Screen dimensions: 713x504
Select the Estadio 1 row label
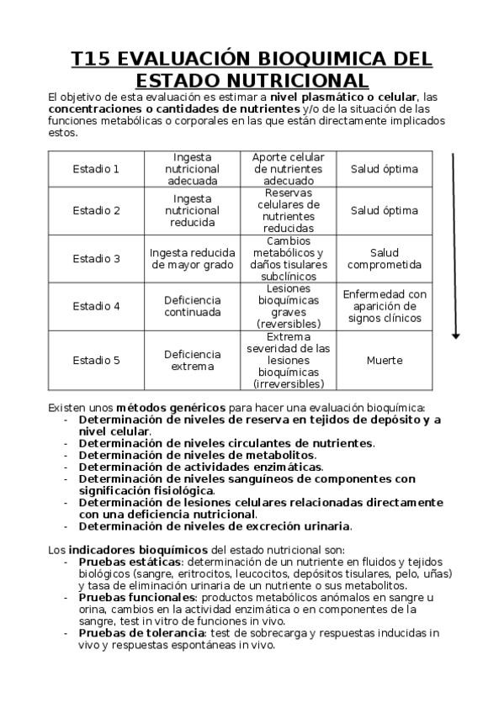point(96,168)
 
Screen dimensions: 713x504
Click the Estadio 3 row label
point(96,259)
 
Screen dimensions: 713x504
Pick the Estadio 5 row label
point(96,361)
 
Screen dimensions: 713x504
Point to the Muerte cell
point(384,361)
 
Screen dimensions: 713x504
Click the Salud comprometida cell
point(384,259)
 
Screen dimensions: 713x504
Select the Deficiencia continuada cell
point(193,306)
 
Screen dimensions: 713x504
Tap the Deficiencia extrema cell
point(193,361)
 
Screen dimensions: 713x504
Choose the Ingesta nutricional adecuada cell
point(193,168)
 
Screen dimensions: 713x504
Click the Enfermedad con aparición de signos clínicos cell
point(384,306)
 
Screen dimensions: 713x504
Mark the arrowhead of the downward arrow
point(455,335)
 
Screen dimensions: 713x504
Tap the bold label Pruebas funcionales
point(137,597)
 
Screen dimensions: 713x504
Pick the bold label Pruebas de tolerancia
point(141,632)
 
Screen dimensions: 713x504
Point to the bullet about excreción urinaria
point(215,526)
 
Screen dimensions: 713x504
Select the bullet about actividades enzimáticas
point(200,467)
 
